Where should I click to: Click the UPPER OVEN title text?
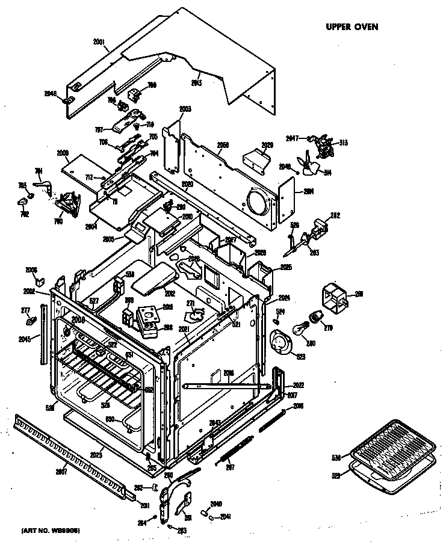pyautogui.click(x=352, y=26)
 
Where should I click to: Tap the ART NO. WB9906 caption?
pyautogui.click(x=51, y=530)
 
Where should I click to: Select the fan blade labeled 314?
pyautogui.click(x=314, y=166)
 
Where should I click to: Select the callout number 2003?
pyautogui.click(x=185, y=109)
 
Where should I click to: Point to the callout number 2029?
pyautogui.click(x=267, y=145)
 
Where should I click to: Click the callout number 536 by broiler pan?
pyautogui.click(x=336, y=458)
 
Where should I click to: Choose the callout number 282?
pyautogui.click(x=335, y=215)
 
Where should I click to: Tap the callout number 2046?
pyautogui.click(x=51, y=93)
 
